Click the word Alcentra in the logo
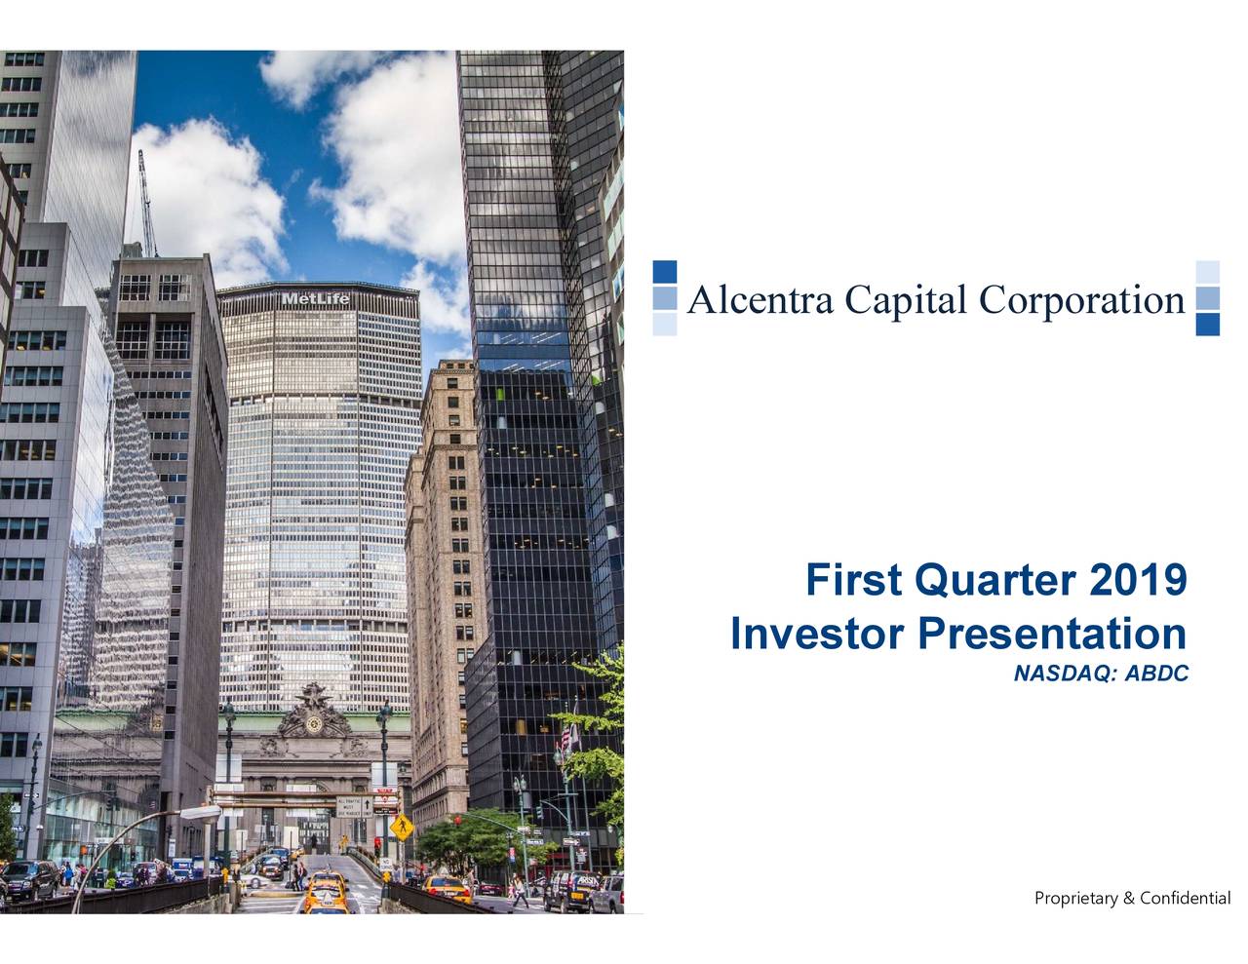tap(760, 300)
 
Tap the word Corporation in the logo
tap(1081, 300)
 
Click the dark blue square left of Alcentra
tap(665, 272)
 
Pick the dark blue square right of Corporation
tap(1207, 325)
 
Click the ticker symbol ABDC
tap(1157, 674)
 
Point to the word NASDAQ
tap(1064, 674)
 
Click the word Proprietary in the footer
tap(1076, 898)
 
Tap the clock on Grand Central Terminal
tap(314, 723)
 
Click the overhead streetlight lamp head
tap(203, 812)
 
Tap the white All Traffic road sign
tap(351, 806)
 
